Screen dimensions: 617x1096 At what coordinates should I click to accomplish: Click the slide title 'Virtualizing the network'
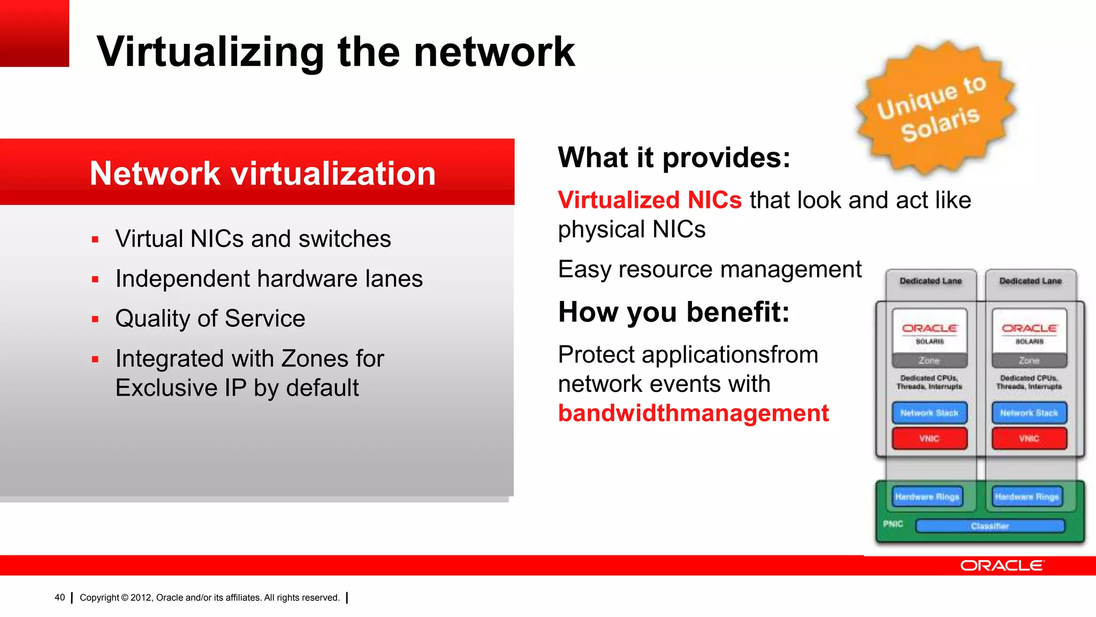336,52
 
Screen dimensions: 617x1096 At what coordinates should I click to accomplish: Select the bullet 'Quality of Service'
210,319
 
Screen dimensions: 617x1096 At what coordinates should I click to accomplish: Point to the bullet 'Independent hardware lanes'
269,279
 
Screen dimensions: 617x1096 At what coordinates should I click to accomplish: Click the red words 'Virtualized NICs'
650,200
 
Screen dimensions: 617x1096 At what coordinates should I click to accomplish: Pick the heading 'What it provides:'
674,157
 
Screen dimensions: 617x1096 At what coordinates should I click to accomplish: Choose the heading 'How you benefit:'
674,312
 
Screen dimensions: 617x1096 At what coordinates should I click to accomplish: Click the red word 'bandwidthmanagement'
694,413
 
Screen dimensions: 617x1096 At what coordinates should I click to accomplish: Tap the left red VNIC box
930,439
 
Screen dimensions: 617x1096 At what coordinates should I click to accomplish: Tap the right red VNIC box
1029,439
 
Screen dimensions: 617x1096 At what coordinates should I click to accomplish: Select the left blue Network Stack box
930,413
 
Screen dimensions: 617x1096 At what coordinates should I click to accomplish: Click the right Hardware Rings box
1026,496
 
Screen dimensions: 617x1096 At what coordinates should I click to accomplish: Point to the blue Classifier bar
990,526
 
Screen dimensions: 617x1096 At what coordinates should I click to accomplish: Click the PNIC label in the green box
893,524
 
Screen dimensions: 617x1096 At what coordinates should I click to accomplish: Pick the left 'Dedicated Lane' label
931,281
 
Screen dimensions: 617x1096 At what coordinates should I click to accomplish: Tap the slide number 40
59,598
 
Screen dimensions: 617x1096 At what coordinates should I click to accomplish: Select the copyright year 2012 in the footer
141,598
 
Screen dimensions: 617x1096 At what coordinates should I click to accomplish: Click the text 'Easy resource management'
710,269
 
